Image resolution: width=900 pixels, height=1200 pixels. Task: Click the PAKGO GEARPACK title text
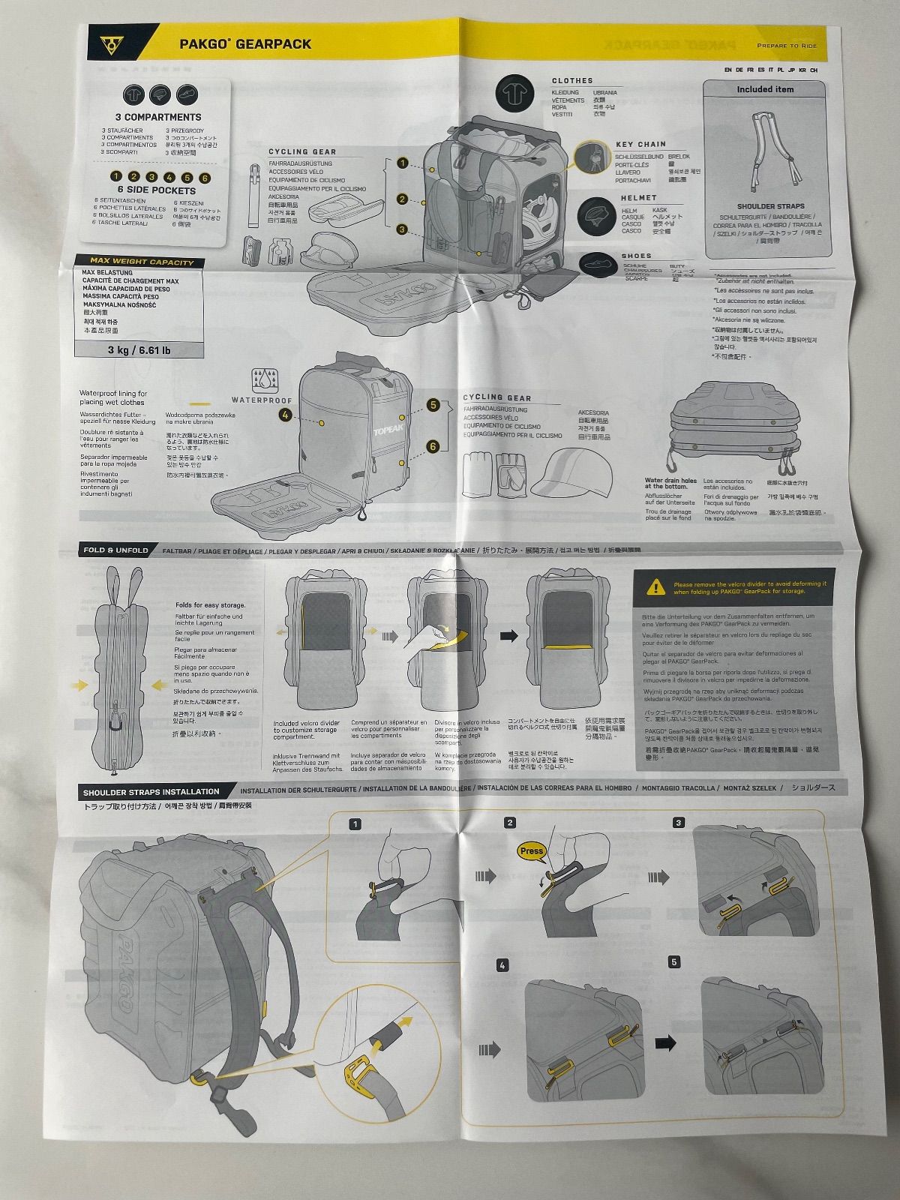coord(245,43)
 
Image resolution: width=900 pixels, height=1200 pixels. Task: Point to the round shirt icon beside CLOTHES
coord(514,94)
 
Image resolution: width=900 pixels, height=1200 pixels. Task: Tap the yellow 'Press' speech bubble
coord(532,850)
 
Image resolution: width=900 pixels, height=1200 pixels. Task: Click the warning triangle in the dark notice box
coord(657,586)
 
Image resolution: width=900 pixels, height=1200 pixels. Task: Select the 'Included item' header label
coord(765,89)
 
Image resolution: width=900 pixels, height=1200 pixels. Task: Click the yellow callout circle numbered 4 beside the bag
coord(285,414)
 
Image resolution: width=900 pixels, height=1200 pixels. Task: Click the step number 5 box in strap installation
coord(675,961)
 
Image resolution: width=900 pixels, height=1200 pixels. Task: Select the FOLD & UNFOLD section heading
coord(116,550)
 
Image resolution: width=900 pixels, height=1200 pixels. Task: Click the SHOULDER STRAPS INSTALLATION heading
coord(151,791)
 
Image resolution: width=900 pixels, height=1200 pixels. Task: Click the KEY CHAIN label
coord(640,144)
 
